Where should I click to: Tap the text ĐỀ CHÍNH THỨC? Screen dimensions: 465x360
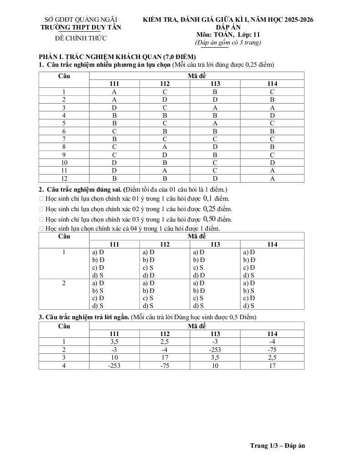pyautogui.click(x=81, y=38)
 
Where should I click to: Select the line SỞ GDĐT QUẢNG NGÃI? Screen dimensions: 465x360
pyautogui.click(x=81, y=20)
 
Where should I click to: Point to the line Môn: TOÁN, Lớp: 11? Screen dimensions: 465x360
pyautogui.click(x=228, y=35)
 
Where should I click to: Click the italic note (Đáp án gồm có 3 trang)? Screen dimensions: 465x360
pyautogui.click(x=228, y=42)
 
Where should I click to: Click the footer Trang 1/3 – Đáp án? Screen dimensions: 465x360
pyautogui.click(x=277, y=445)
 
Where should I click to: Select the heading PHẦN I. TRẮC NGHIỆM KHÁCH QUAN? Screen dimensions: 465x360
pyautogui.click(x=117, y=57)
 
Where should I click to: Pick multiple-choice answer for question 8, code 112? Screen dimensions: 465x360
pyautogui.click(x=165, y=147)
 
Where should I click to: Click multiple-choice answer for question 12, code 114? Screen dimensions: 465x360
pyautogui.click(x=272, y=178)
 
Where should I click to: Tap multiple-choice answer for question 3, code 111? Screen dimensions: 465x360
pyautogui.click(x=115, y=108)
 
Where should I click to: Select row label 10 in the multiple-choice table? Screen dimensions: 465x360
pyautogui.click(x=64, y=163)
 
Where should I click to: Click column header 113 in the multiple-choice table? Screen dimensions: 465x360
pyautogui.click(x=215, y=84)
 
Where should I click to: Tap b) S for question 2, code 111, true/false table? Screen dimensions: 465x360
pyautogui.click(x=98, y=291)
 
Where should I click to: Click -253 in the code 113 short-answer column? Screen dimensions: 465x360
pyautogui.click(x=215, y=350)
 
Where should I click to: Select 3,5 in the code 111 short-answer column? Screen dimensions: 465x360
pyautogui.click(x=115, y=341)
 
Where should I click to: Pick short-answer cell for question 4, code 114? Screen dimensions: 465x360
pyautogui.click(x=272, y=365)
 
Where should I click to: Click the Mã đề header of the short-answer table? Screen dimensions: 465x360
pyautogui.click(x=197, y=326)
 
